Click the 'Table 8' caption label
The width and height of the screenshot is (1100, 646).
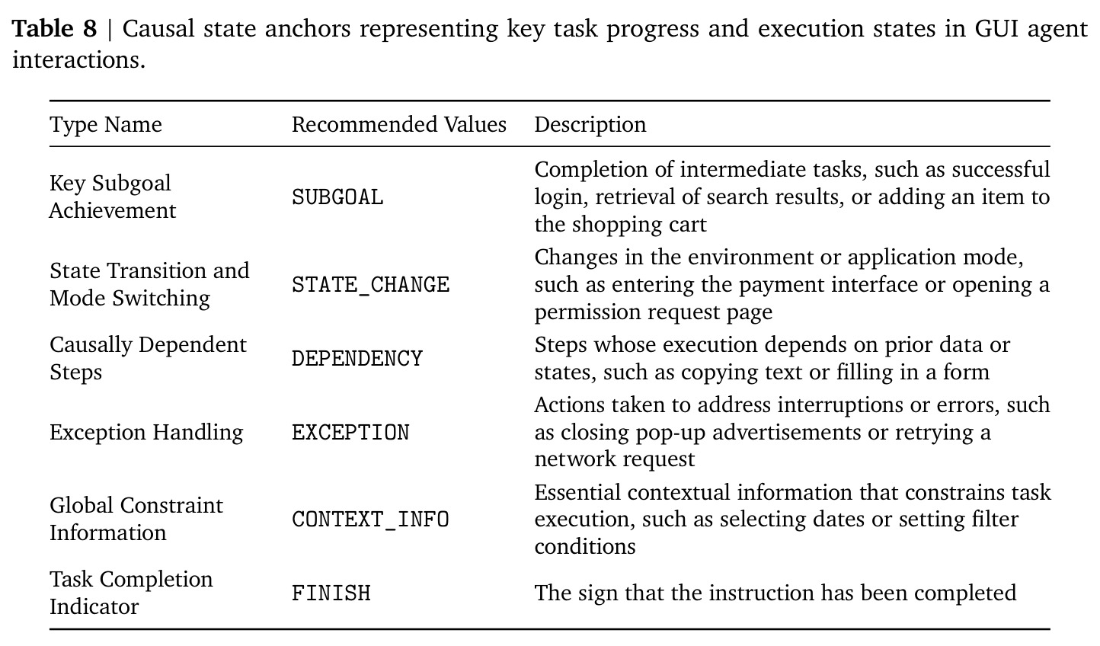(x=55, y=28)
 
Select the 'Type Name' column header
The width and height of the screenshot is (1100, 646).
(x=106, y=124)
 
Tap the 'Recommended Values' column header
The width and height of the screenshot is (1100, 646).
(x=398, y=124)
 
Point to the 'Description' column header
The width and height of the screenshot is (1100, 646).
(x=590, y=124)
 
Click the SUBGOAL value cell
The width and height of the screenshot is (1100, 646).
(x=337, y=197)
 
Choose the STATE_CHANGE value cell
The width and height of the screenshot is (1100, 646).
(x=371, y=285)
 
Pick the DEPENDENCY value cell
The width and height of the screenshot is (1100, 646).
(x=357, y=359)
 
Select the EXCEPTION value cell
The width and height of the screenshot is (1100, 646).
(x=350, y=432)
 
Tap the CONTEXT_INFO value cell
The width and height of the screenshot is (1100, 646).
(x=371, y=520)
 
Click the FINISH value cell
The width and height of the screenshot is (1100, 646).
(x=331, y=593)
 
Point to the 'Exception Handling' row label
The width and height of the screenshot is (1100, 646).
(x=146, y=432)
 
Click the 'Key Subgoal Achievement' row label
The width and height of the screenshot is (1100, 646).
(x=113, y=197)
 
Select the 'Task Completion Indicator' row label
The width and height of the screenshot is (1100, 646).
(x=131, y=593)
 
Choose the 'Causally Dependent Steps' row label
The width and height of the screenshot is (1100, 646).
(x=148, y=358)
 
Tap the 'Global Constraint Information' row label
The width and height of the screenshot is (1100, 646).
(x=136, y=519)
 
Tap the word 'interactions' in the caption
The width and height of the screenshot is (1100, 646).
(x=78, y=60)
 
